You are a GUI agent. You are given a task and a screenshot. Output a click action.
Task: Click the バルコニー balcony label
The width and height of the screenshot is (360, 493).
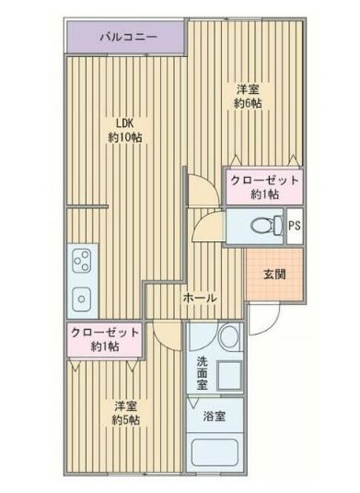point(128,38)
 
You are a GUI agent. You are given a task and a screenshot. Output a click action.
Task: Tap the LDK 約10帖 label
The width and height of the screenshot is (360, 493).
point(123,130)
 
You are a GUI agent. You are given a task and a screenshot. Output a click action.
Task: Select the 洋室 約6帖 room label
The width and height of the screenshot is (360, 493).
point(246,97)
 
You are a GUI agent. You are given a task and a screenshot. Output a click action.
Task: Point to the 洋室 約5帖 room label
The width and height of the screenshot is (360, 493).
point(126,413)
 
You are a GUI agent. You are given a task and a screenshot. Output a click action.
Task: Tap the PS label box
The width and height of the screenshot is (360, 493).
point(294,225)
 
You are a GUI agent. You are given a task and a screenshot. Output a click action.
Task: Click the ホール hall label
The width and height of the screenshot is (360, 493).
point(200,299)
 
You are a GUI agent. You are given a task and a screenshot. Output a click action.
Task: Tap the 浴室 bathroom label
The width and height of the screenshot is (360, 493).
point(215,414)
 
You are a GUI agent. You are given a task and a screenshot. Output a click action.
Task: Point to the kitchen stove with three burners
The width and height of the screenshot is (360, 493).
point(80,261)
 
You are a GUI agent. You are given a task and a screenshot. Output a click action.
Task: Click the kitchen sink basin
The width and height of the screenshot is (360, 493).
point(80,299)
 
